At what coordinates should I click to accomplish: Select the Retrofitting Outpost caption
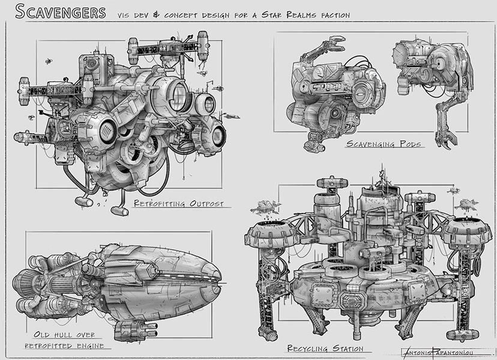(179, 204)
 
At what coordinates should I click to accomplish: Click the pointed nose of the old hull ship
(217, 279)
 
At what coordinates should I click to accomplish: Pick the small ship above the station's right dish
(466, 205)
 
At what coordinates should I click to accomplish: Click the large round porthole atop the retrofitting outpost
(178, 96)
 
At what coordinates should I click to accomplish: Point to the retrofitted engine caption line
(64, 346)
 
